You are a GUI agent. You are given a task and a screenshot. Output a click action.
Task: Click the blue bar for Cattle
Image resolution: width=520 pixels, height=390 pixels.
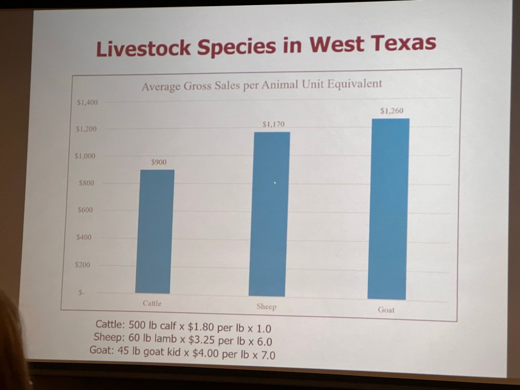coord(155,232)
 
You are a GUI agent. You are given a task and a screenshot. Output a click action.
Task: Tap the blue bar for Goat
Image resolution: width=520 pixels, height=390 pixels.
coord(388,209)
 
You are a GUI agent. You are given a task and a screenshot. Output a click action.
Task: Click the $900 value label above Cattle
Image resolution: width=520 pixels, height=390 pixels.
coord(159,162)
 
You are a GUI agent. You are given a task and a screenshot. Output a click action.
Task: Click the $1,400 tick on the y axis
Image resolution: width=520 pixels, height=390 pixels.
coord(86,102)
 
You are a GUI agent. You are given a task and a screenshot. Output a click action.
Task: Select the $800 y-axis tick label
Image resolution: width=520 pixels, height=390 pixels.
coord(86,183)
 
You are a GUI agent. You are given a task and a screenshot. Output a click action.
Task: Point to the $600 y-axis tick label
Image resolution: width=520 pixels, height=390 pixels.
coord(85,210)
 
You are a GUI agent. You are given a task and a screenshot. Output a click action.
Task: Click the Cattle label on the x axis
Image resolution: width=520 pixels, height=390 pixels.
coord(152,303)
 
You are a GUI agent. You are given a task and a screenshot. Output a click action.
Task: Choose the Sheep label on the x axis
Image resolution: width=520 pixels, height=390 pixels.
coord(266,307)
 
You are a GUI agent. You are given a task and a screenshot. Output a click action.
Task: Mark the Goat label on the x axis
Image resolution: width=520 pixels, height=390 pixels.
coord(386,310)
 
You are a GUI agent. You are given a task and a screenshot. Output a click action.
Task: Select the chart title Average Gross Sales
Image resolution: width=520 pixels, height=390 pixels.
coord(262,85)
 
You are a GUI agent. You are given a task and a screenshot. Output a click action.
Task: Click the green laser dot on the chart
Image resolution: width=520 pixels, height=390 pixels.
coord(275,183)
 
